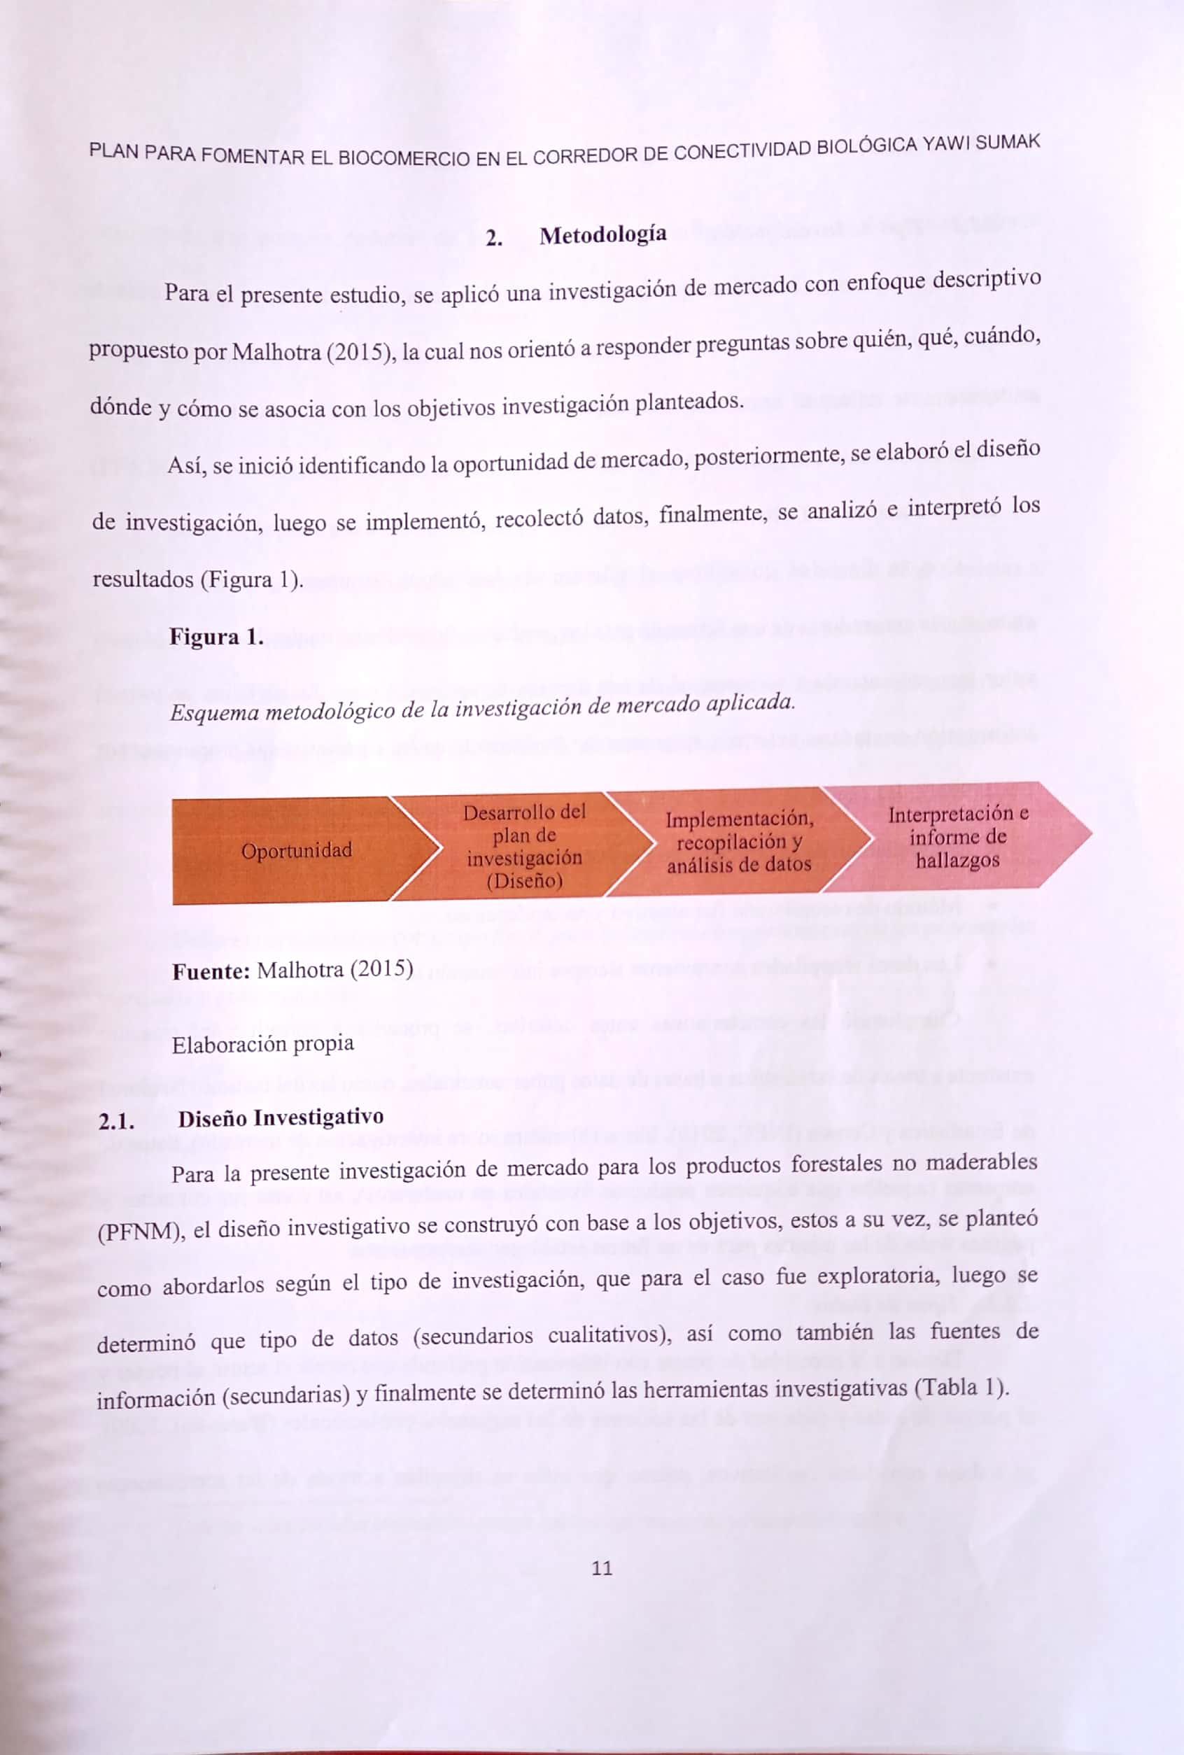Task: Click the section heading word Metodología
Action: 602,235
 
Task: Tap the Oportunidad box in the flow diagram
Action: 296,851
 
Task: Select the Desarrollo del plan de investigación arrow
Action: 524,846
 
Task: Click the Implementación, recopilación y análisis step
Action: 738,842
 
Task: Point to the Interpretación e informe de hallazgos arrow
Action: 957,837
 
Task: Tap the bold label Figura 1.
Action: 217,637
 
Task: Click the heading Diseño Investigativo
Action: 280,1118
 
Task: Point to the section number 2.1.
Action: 116,1122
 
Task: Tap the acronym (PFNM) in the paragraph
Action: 142,1234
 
